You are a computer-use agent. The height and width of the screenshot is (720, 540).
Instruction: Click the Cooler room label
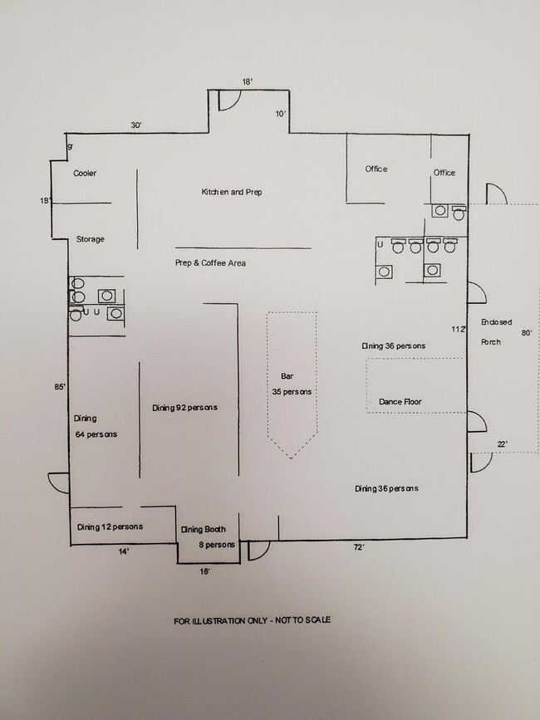click(85, 173)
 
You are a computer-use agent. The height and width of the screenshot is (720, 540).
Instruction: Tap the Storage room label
click(90, 239)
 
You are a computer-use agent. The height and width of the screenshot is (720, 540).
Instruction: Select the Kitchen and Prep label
click(232, 192)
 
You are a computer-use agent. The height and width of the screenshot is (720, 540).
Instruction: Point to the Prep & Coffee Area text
click(210, 263)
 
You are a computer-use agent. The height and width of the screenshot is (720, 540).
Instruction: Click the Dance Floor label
click(400, 402)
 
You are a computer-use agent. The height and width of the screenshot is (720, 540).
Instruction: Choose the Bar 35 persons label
click(292, 384)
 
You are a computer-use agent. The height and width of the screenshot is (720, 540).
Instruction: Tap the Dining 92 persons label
click(184, 408)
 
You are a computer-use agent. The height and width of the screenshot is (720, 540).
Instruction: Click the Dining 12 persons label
click(110, 527)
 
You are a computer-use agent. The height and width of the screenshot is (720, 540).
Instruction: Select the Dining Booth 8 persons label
click(208, 537)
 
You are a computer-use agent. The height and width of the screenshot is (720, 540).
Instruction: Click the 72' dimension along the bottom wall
click(359, 547)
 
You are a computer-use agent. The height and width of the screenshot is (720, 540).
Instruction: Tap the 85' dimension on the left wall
click(60, 387)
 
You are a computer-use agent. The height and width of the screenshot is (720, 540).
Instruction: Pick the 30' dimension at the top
click(136, 125)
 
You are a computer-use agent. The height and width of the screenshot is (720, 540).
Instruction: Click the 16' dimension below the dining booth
click(205, 571)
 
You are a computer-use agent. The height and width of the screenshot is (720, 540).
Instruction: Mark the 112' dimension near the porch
click(459, 329)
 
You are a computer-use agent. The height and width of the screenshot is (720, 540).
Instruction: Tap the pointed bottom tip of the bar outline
click(291, 458)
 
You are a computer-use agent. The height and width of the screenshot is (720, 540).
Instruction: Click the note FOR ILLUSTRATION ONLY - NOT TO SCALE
click(252, 621)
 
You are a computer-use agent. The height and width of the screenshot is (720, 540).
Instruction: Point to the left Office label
click(376, 169)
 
